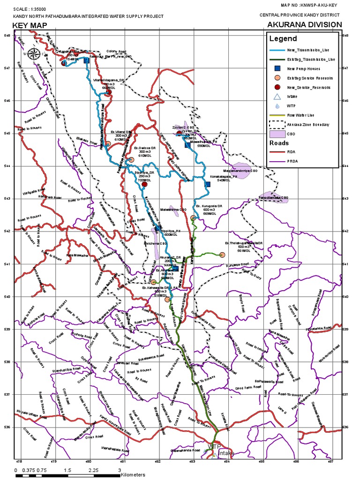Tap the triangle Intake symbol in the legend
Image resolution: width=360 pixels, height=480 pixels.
pyautogui.click(x=277, y=97)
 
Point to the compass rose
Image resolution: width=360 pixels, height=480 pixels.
pyautogui.click(x=33, y=54)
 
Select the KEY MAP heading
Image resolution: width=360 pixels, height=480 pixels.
pyautogui.click(x=30, y=25)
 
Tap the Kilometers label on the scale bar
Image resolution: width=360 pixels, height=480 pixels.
pyautogui.click(x=133, y=475)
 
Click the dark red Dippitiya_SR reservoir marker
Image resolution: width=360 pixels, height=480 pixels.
pyautogui.click(x=144, y=184)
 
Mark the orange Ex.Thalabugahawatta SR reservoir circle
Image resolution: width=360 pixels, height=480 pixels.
pyautogui.click(x=222, y=255)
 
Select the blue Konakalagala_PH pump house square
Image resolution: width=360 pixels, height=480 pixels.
pyautogui.click(x=208, y=184)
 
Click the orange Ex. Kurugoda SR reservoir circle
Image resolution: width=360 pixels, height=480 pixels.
pyautogui.click(x=193, y=217)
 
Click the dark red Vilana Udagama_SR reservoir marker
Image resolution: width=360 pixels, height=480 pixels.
pyautogui.click(x=108, y=92)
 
